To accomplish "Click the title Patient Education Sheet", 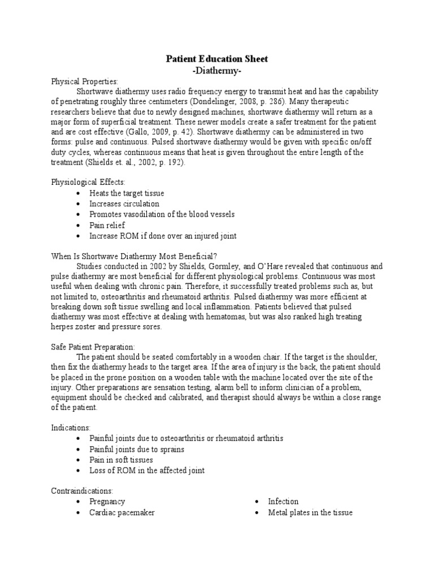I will point(216,59).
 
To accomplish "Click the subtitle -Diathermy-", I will point(216,70).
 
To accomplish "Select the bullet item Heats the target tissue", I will point(127,193).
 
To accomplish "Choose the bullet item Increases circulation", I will point(124,204).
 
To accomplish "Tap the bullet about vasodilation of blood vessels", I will point(162,214).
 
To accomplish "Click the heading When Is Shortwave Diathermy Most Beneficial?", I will point(138,256).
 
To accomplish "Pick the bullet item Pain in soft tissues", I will point(121,460).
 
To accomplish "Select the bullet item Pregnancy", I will point(107,502).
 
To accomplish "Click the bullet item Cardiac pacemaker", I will point(121,512).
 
